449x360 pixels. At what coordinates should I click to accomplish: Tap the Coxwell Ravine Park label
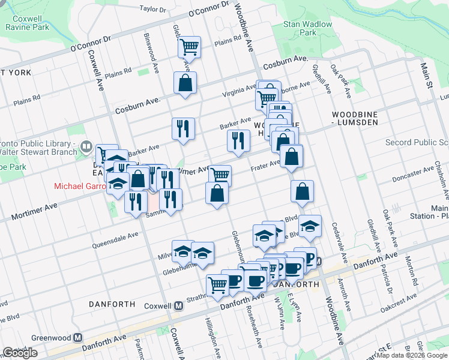[x=31, y=23]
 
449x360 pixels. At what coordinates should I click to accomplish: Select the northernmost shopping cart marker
[x=189, y=46]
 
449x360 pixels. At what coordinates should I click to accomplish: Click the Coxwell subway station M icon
[x=178, y=306]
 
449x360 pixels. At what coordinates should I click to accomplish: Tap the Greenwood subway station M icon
[x=77, y=338]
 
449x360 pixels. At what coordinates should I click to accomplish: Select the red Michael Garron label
[x=79, y=186]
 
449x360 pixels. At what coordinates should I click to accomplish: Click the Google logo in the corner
[x=20, y=352]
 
